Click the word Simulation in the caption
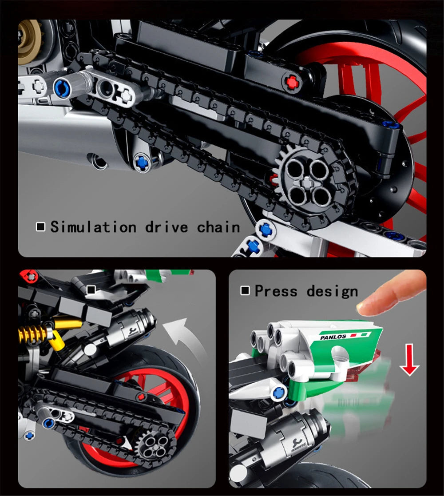[93, 227]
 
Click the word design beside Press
[332, 292]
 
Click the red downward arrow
[409, 362]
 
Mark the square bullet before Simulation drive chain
[40, 227]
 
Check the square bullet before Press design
[245, 291]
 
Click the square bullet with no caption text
[91, 290]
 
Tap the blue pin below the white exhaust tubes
[279, 392]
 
